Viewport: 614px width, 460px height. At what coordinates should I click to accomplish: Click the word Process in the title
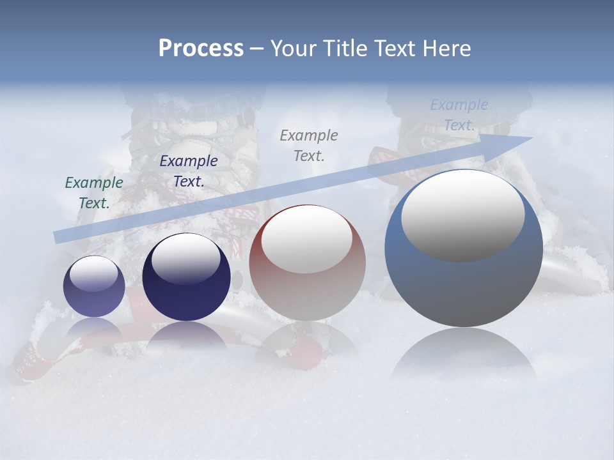click(201, 49)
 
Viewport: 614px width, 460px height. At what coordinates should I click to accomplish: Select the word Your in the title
click(293, 49)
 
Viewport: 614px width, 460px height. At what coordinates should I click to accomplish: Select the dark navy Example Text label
click(189, 171)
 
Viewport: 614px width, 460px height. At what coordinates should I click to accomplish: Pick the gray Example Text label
click(309, 145)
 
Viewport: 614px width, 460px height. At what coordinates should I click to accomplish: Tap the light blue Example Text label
click(459, 115)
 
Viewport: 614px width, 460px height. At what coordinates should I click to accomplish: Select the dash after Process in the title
click(257, 49)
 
